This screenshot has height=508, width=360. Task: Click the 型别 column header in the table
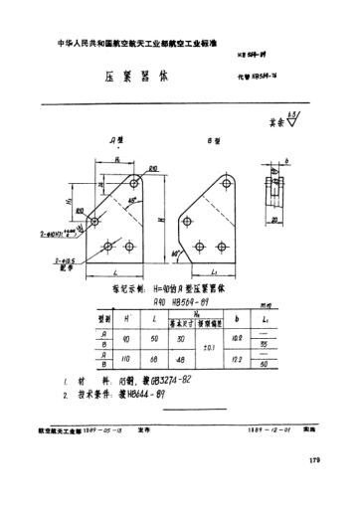pos(100,320)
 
